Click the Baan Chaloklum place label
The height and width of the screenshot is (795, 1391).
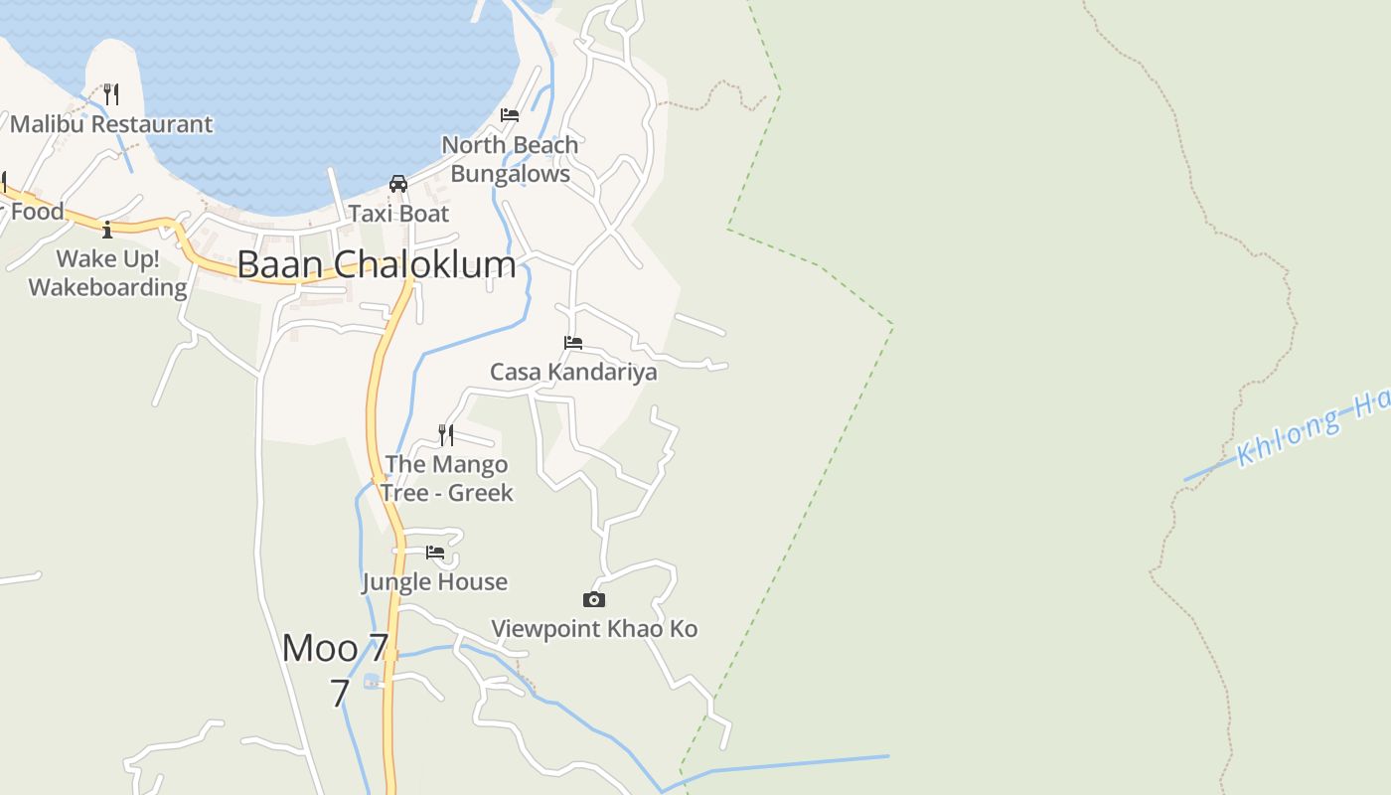pos(377,264)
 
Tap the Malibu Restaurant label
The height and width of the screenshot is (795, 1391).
pos(111,124)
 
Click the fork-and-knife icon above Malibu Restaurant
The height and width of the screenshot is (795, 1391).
pos(111,94)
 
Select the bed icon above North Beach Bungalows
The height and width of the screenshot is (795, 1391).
pos(510,115)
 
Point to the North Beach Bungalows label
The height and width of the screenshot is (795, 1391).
pos(510,159)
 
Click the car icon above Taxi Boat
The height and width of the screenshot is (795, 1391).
pos(398,184)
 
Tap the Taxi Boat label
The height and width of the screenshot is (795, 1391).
pos(398,214)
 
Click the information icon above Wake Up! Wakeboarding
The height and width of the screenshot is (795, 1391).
pos(107,230)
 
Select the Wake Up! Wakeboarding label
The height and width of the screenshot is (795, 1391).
pos(107,273)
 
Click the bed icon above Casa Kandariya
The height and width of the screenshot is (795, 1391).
pos(573,343)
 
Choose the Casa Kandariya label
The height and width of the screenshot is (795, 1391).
pos(573,373)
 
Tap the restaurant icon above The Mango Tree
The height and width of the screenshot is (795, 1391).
pos(446,434)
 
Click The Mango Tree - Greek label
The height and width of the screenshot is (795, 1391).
pos(446,478)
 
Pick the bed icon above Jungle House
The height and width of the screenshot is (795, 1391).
pos(435,553)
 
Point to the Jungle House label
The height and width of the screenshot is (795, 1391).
pos(435,582)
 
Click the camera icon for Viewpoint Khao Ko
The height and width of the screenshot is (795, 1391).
pos(594,599)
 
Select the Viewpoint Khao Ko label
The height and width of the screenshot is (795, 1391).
pos(594,629)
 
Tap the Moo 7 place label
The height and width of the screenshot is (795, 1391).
pos(336,649)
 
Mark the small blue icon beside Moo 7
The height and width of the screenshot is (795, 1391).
pos(372,681)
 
